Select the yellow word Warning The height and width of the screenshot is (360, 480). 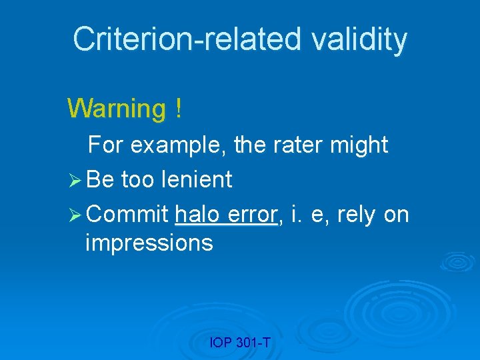coord(117,108)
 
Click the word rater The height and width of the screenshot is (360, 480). coord(297,145)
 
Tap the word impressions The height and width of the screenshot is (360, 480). coord(149,243)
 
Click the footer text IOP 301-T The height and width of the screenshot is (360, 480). coord(239,343)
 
